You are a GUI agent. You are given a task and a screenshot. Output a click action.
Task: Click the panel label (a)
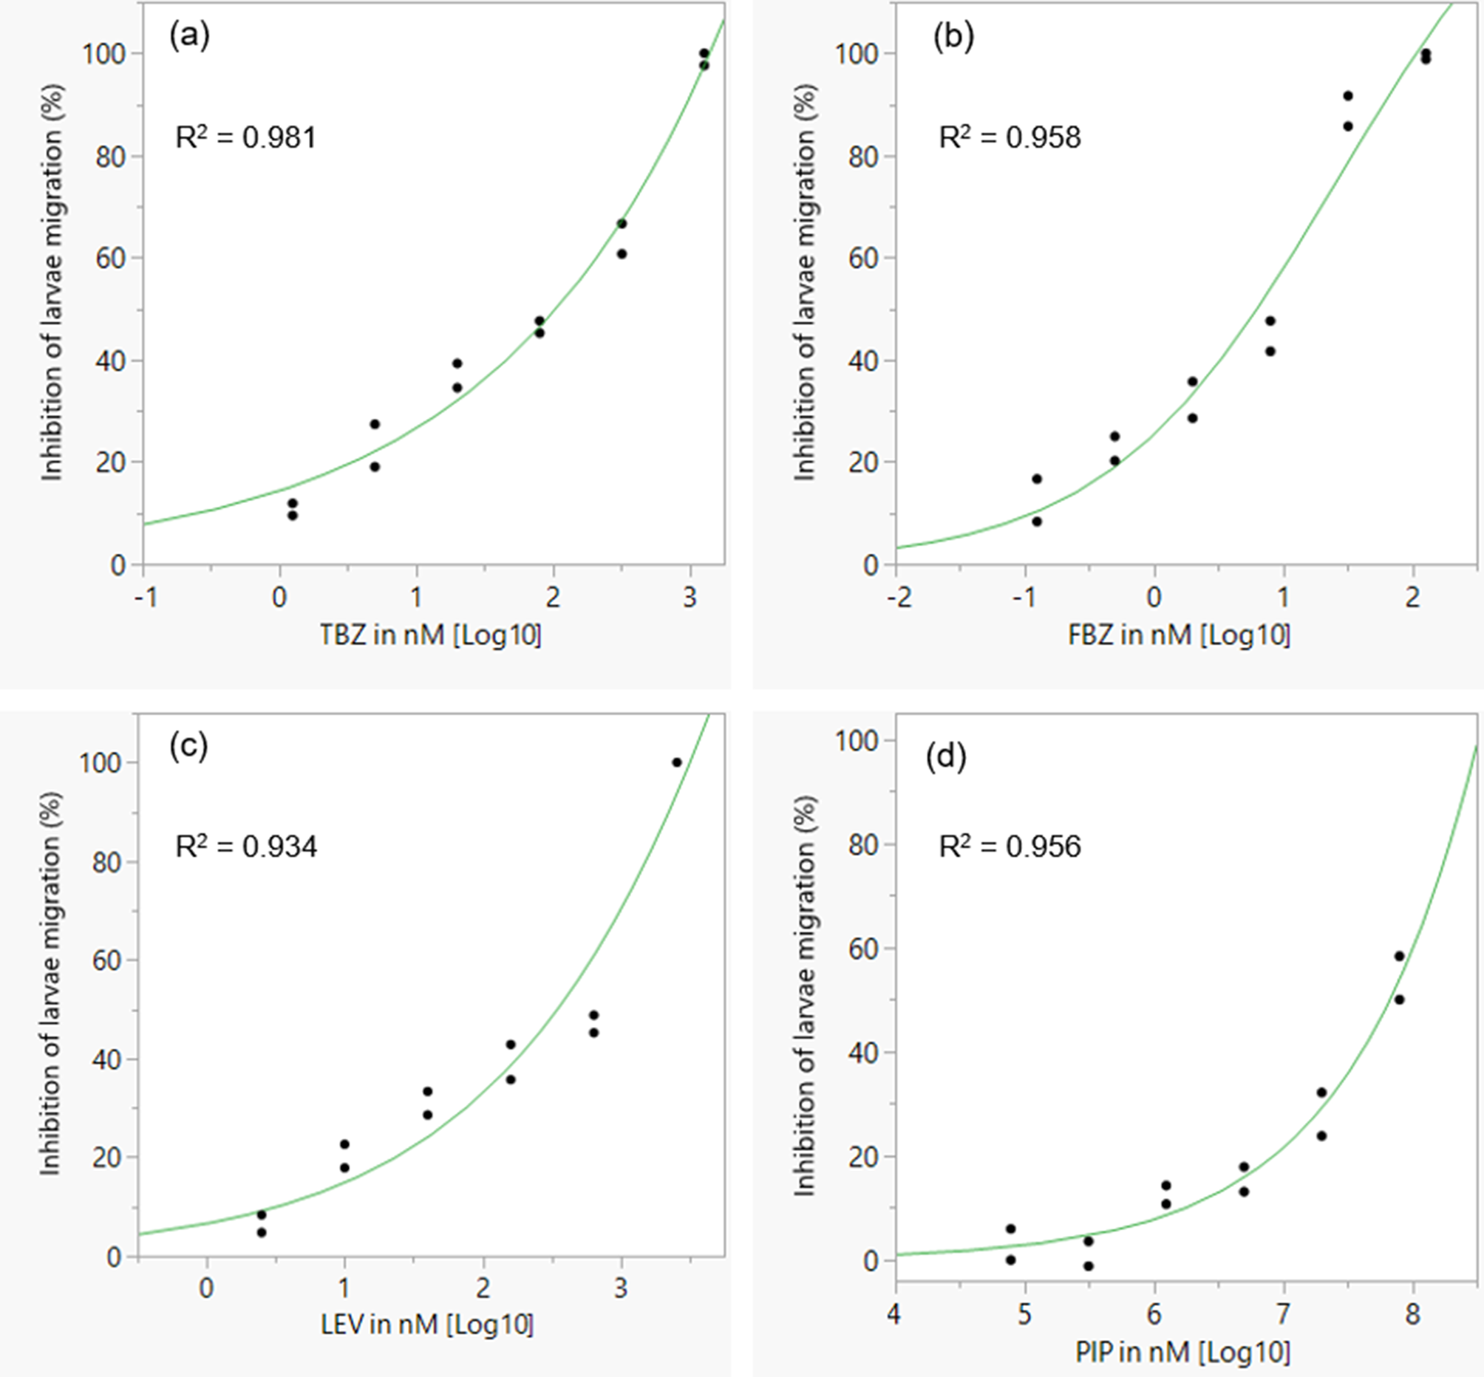[189, 35]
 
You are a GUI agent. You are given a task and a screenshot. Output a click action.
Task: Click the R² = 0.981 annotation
[246, 138]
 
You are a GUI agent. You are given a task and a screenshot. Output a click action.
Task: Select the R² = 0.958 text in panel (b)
[1010, 138]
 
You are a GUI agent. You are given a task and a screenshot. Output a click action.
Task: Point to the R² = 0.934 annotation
[246, 847]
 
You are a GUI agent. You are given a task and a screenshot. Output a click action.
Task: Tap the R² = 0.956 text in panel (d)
[1010, 847]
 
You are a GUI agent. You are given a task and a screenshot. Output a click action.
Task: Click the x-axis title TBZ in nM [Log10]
[431, 635]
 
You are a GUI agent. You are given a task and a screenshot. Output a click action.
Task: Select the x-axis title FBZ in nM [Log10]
[1180, 635]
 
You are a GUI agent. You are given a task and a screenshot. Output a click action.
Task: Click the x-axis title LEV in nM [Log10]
[427, 1324]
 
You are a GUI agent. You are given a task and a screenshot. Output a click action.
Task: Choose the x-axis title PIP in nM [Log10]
[1183, 1351]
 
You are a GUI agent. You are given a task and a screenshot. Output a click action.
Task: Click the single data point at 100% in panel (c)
[677, 762]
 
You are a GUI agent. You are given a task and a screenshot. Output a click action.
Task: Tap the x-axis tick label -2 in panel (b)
[899, 598]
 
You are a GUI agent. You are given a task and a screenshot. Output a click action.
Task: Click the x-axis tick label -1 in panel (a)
[146, 598]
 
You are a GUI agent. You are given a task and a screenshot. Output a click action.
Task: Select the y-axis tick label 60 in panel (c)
[106, 960]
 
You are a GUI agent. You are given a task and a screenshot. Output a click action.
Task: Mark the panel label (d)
[946, 757]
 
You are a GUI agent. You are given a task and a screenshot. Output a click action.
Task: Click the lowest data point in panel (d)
[1088, 1266]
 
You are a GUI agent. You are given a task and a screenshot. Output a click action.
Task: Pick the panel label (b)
[953, 35]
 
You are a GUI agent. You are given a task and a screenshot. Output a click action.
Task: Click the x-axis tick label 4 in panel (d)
[894, 1313]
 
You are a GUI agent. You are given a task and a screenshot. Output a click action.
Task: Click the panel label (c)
[188, 745]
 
